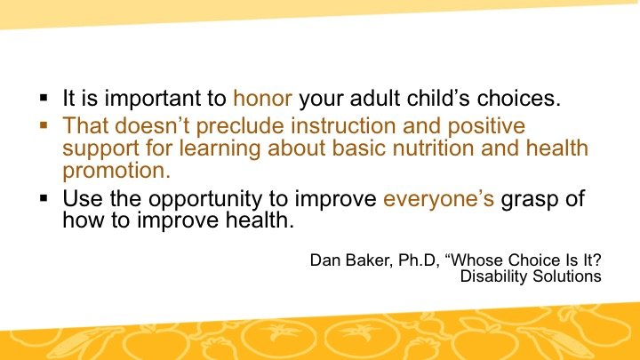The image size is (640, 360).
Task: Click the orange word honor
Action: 262,99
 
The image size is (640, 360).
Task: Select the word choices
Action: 519,99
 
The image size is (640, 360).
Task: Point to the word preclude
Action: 240,126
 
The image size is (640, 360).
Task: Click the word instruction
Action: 343,125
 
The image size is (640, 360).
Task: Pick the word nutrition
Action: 433,148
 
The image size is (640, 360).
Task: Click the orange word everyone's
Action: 438,200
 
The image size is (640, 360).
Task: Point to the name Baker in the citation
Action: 369,260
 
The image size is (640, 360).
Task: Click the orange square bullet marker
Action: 44,124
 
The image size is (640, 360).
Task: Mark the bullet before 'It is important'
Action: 44,98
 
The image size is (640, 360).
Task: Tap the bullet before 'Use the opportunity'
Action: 44,198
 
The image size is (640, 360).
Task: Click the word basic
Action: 358,148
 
